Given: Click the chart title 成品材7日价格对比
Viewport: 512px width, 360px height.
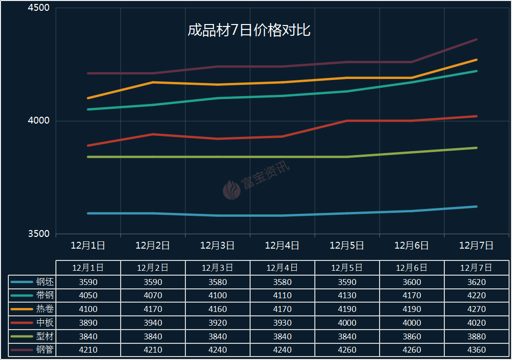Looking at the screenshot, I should (249, 30).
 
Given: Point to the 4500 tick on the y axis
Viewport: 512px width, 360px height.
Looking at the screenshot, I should (39, 8).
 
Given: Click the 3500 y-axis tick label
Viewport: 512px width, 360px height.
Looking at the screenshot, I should (39, 234).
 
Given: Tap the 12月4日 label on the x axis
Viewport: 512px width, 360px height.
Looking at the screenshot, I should (282, 245).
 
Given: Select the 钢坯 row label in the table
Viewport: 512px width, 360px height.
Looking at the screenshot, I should (45, 282).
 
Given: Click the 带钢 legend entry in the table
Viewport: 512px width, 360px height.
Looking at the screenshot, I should (45, 296).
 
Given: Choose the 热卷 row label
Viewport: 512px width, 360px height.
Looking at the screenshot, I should (45, 309).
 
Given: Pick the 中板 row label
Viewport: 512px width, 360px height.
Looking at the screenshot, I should (45, 323).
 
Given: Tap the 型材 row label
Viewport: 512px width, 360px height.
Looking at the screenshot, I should (45, 336).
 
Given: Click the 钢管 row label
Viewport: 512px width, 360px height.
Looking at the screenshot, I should (45, 350).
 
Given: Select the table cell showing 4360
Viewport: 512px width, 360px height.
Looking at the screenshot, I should (476, 350).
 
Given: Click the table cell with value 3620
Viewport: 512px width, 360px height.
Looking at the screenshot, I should (476, 282).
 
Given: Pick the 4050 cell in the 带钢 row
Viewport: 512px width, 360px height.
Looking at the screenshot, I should (88, 296).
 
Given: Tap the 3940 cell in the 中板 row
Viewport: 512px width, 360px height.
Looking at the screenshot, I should (153, 323).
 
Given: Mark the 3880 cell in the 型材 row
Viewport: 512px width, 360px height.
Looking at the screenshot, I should (476, 336).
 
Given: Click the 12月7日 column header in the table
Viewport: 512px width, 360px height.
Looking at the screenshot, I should (476, 268).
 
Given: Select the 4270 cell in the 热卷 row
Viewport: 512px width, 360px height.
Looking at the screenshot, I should (476, 309).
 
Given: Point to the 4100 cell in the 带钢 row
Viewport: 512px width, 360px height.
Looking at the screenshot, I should (218, 296).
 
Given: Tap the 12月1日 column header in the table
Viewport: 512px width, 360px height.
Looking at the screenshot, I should (88, 268).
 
